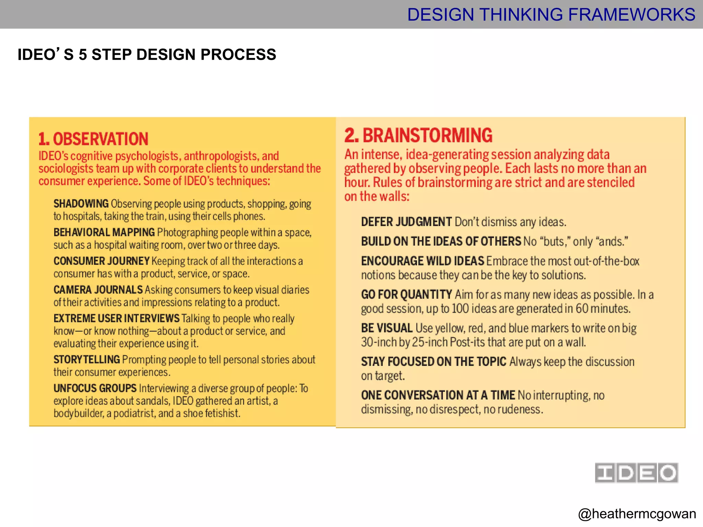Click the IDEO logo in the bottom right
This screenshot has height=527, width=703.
tap(636, 473)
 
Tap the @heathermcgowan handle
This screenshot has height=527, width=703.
tap(637, 514)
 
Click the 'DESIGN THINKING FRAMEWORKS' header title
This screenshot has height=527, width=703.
tap(551, 15)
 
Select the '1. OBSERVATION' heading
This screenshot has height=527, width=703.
tap(93, 139)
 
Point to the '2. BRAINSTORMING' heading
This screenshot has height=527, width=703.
tap(418, 135)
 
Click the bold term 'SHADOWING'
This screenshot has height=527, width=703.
tap(81, 204)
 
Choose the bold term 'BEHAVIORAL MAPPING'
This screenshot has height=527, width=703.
tap(104, 233)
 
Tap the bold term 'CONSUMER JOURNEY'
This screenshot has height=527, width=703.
tap(102, 261)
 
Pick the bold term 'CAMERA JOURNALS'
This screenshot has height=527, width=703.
tap(98, 290)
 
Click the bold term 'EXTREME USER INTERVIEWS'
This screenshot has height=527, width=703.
tap(116, 318)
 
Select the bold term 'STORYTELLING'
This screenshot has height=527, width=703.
tap(87, 360)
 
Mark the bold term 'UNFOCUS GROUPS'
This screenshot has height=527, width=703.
tap(95, 388)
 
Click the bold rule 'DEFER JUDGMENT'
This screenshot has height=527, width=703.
tap(406, 222)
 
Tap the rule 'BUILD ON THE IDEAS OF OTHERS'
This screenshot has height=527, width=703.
tap(441, 242)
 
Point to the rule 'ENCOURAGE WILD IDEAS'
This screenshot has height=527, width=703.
tap(423, 261)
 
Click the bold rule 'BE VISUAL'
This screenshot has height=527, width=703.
tap(387, 328)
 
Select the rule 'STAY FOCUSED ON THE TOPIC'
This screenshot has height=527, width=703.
tap(434, 362)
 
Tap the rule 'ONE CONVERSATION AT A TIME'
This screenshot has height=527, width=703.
tap(438, 395)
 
